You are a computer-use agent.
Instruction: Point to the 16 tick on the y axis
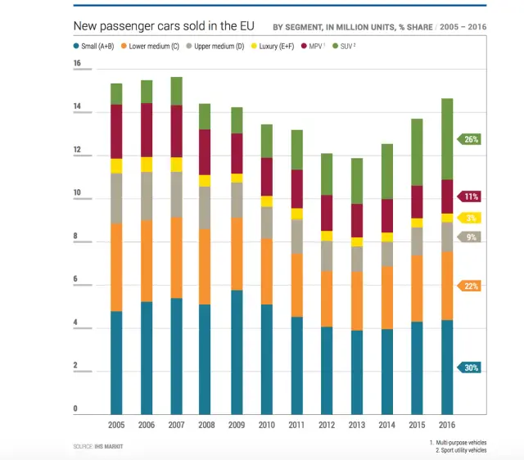77,64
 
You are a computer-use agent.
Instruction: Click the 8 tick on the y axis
77,237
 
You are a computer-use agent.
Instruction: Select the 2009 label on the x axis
236,425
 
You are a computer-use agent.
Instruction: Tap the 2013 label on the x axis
356,425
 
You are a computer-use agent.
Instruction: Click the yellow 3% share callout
471,219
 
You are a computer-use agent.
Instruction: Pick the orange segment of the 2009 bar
236,254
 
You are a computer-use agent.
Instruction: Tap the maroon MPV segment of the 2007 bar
176,131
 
